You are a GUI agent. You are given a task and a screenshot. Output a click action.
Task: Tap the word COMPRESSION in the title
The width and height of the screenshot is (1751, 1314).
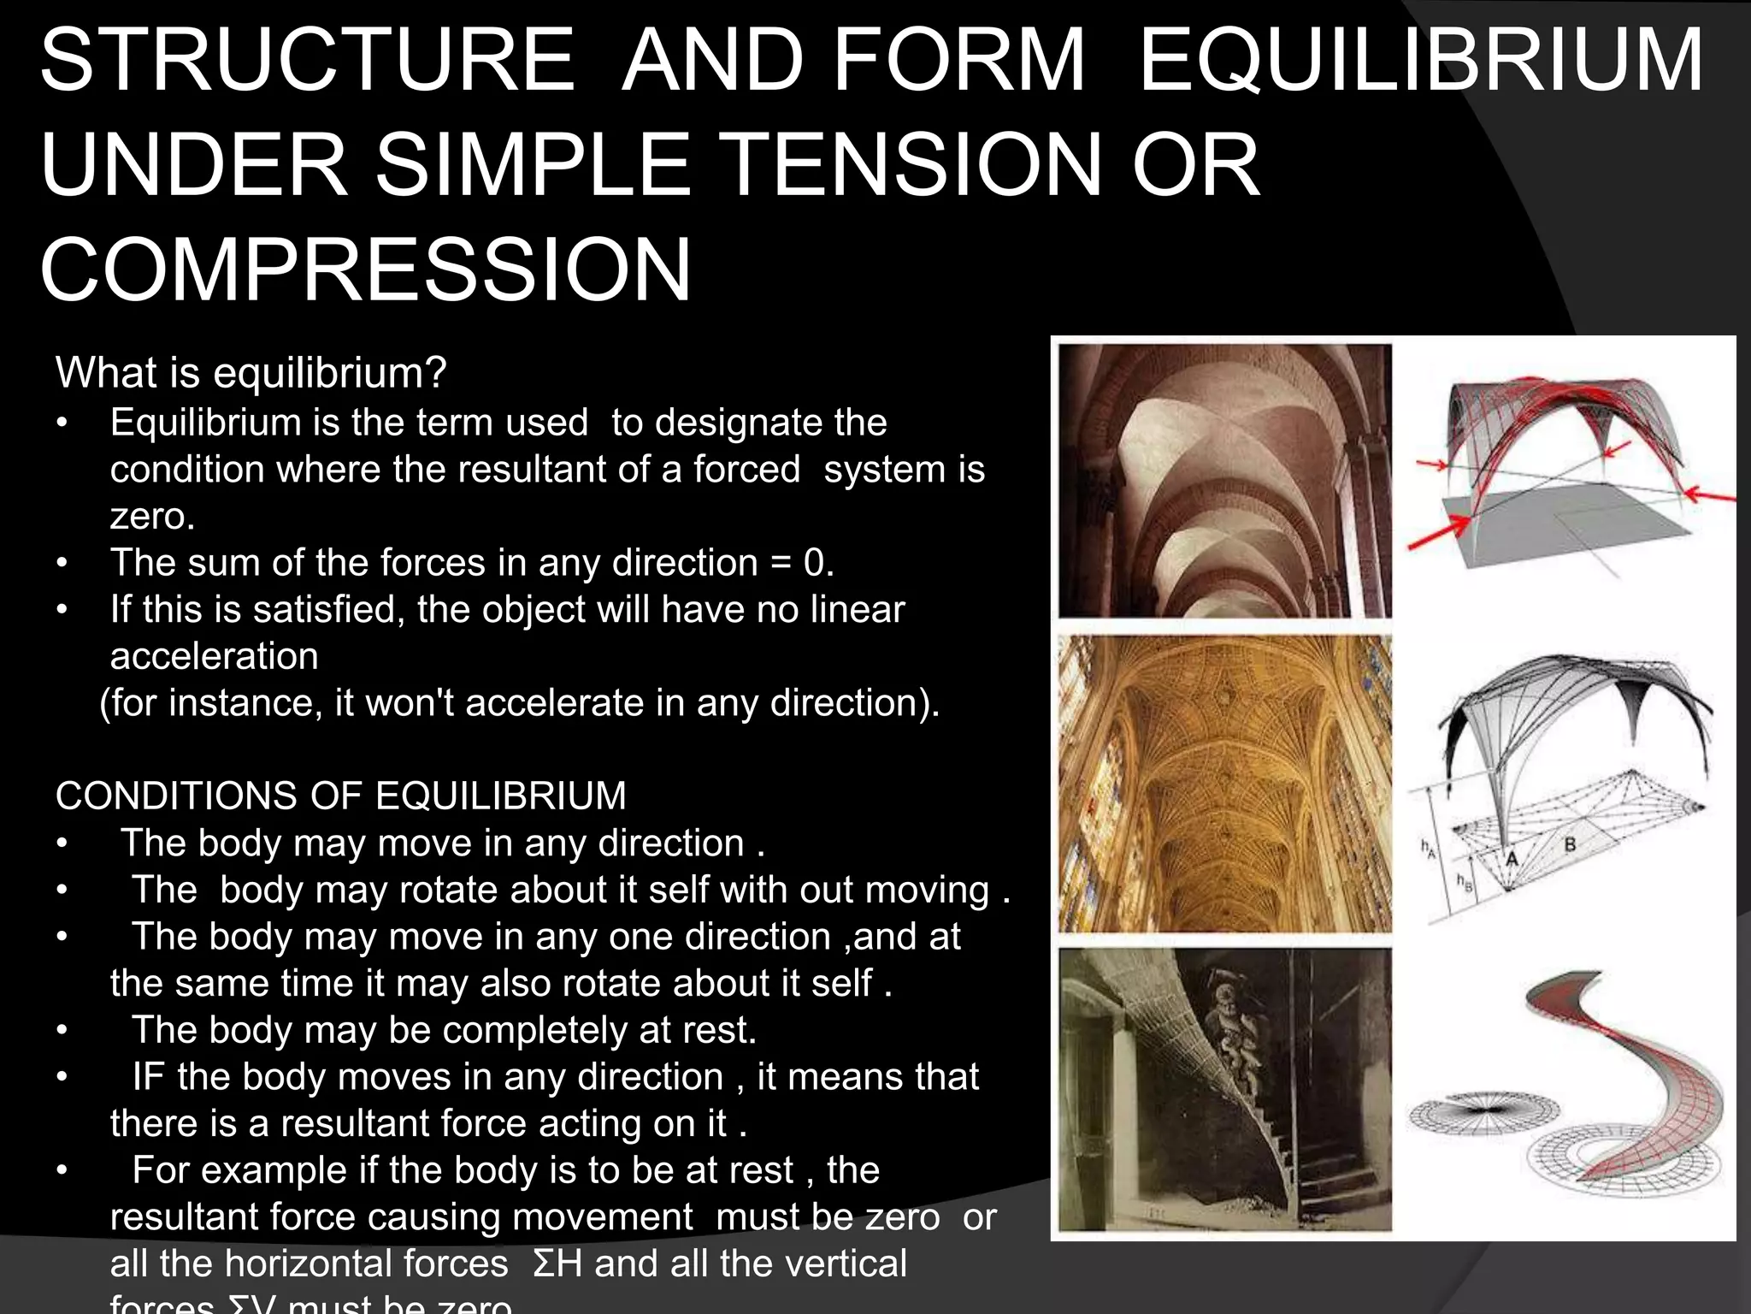pos(365,270)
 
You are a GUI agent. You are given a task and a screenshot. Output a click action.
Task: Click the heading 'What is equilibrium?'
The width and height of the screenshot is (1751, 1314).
pos(251,373)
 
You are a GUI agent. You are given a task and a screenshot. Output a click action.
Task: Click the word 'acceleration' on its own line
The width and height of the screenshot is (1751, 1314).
pos(214,656)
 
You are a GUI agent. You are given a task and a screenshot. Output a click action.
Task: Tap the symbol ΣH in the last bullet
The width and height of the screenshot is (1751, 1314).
pos(557,1264)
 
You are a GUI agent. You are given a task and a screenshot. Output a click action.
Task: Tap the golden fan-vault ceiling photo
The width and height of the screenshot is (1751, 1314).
pos(1224,783)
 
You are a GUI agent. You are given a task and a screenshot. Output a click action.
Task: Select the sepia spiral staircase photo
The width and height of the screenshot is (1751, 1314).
pos(1224,1088)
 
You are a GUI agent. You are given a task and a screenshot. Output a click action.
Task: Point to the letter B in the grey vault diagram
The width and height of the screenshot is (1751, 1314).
pos(1570,845)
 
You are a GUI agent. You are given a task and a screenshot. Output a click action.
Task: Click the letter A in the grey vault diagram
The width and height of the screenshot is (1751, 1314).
pos(1512,859)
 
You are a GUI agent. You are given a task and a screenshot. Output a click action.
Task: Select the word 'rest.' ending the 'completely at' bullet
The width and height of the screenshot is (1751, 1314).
pos(720,1030)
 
